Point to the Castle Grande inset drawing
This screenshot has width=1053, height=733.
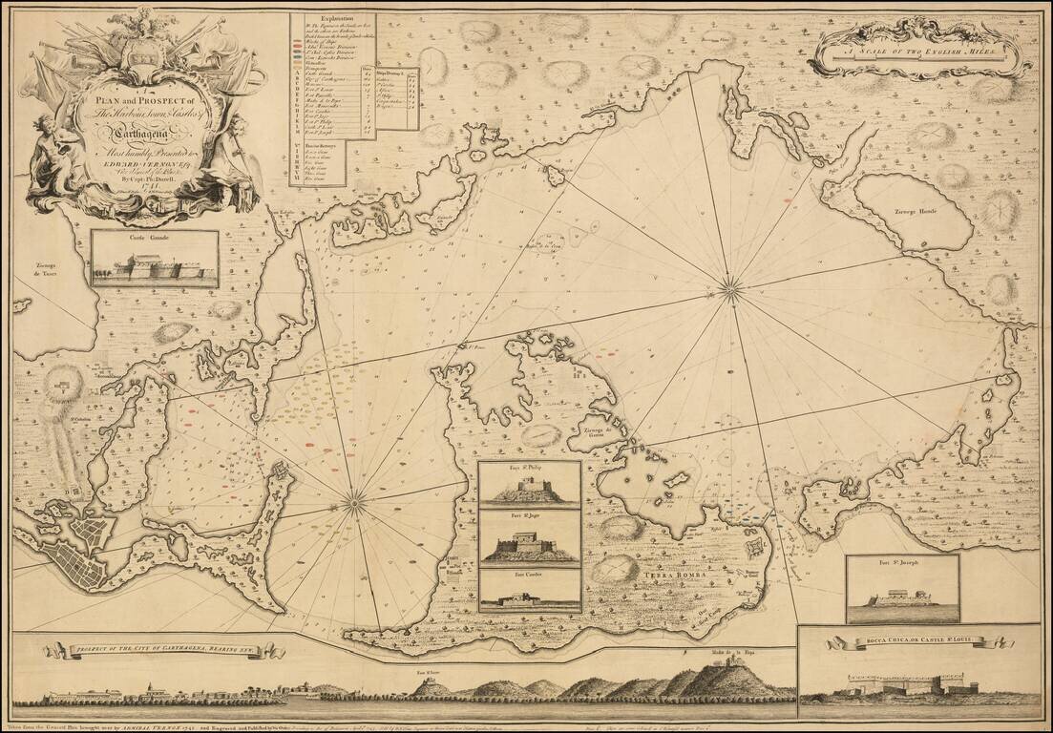(x=155, y=260)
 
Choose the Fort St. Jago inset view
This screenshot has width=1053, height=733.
(x=530, y=538)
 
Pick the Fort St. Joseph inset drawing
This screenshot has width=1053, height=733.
(x=902, y=589)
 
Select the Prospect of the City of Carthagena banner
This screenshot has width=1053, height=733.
(x=164, y=651)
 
